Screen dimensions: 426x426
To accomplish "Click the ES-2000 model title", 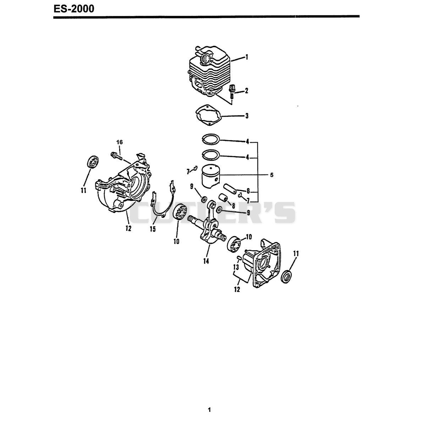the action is point(74,9).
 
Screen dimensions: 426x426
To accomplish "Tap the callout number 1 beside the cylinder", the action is point(247,57).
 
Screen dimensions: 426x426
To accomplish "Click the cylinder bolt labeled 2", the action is point(231,92).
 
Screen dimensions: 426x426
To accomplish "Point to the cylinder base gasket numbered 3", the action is point(209,115).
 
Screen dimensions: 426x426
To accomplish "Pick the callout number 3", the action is point(247,116).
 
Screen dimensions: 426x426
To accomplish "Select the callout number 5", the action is point(272,175).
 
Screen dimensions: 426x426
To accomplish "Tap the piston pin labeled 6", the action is point(230,189).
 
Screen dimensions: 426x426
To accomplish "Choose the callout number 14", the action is point(206,261).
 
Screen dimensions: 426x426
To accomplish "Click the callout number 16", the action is point(119,142).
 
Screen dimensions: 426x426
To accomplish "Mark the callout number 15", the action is point(153,229).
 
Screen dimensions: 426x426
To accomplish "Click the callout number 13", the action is point(236,267).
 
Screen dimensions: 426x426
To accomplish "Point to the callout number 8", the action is point(234,206).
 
